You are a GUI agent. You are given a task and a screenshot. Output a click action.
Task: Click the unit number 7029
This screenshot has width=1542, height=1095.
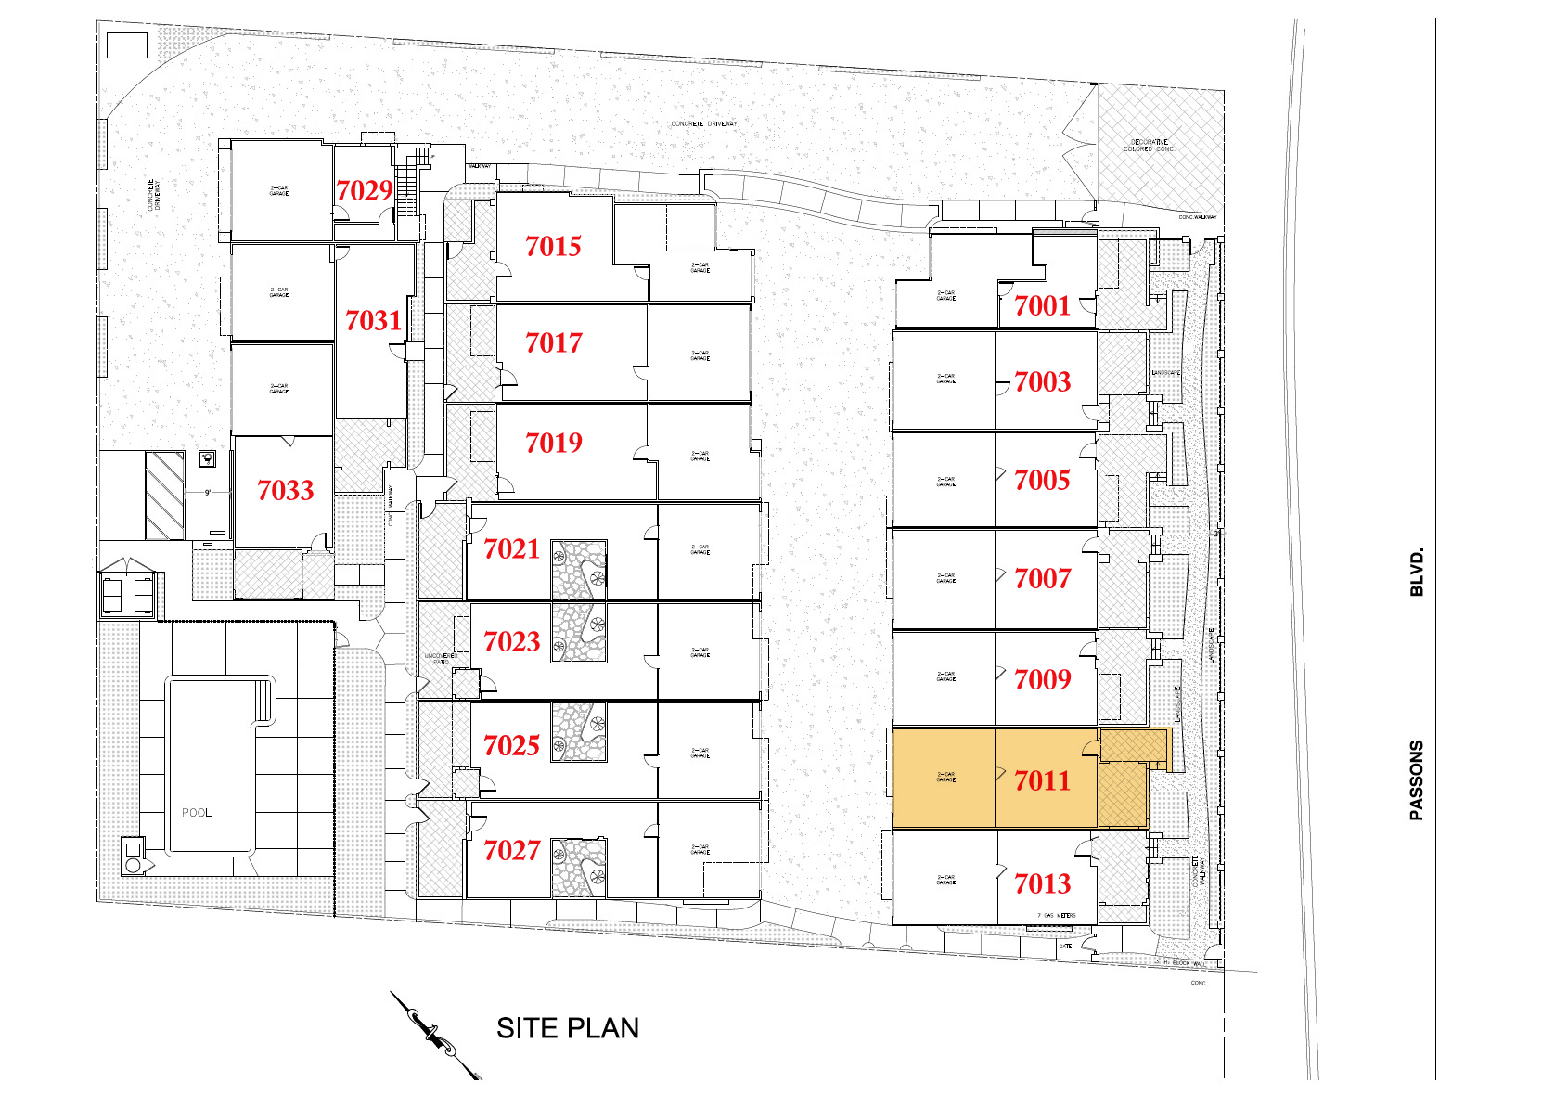[x=365, y=190]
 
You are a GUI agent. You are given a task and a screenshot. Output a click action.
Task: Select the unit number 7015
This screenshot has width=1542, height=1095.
[x=553, y=246]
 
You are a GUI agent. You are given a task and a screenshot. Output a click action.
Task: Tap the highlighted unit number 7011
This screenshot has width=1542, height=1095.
[x=1042, y=780]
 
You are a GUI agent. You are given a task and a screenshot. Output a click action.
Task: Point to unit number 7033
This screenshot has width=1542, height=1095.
[x=286, y=490]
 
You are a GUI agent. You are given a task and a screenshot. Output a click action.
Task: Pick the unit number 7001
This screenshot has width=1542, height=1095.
[x=1042, y=305]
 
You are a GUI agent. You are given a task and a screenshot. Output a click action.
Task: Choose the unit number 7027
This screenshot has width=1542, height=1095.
[x=511, y=850]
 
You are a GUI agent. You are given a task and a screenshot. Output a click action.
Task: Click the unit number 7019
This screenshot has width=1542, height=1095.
[x=553, y=443]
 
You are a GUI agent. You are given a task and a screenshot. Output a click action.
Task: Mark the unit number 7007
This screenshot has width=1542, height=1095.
[x=1042, y=578]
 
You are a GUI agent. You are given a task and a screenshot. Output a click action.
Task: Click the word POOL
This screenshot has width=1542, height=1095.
[x=197, y=813]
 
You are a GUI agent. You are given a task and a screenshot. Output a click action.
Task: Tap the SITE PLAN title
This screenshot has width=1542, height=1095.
[x=567, y=1028]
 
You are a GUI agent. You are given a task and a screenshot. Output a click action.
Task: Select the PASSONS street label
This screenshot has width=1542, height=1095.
[x=1416, y=779]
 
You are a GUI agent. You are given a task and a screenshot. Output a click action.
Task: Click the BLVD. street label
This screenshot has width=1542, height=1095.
[x=1416, y=573]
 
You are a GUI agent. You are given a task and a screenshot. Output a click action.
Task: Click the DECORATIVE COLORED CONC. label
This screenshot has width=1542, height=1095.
[x=1149, y=146]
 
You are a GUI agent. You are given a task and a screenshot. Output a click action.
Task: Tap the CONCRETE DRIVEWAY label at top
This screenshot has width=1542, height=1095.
[x=704, y=123]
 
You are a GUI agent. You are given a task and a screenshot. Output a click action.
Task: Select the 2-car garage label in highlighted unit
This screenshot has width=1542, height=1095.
[x=945, y=777]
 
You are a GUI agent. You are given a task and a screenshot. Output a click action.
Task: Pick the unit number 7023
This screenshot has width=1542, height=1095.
[x=511, y=641]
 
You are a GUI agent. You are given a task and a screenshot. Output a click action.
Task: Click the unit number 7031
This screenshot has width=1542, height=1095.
[x=373, y=320]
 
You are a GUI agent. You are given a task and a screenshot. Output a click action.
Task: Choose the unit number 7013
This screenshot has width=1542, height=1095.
[x=1042, y=883]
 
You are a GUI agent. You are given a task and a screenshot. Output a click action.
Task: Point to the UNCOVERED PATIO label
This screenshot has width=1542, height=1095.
[x=440, y=659]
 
